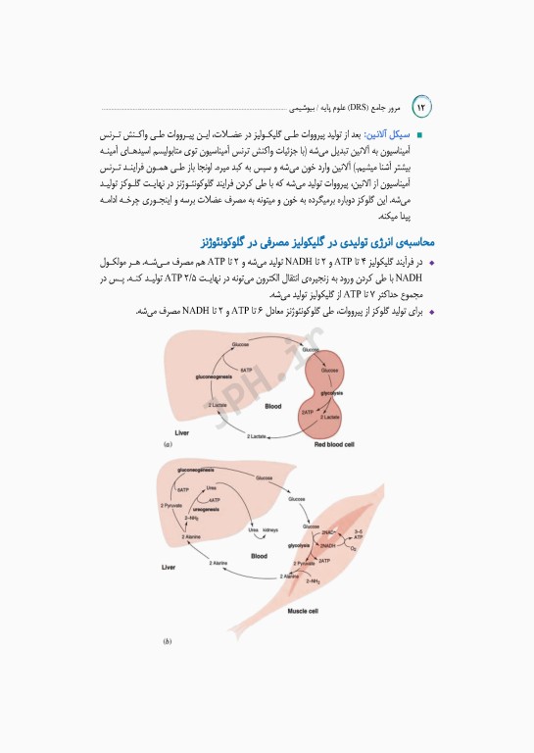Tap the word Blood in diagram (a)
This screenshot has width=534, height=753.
(273, 404)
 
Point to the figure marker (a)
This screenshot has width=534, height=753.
(169, 445)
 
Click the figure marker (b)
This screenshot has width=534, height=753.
(169, 642)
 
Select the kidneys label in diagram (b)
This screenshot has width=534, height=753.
(270, 528)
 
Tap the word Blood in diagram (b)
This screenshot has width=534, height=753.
(259, 556)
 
